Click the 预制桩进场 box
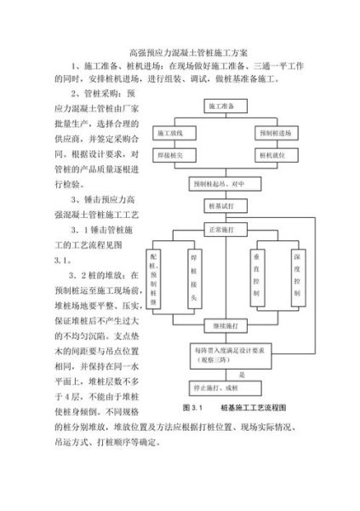274,134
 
